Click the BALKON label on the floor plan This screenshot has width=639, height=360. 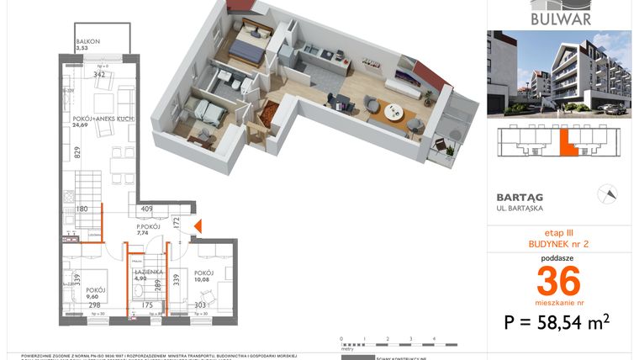pos(88,40)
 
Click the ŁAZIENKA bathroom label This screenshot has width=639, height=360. pos(148,272)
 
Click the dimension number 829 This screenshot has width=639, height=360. pos(77,152)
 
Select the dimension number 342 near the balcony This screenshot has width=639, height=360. pos(98,75)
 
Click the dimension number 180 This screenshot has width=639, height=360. pos(82,209)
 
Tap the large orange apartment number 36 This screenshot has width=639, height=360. pos(558,278)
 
